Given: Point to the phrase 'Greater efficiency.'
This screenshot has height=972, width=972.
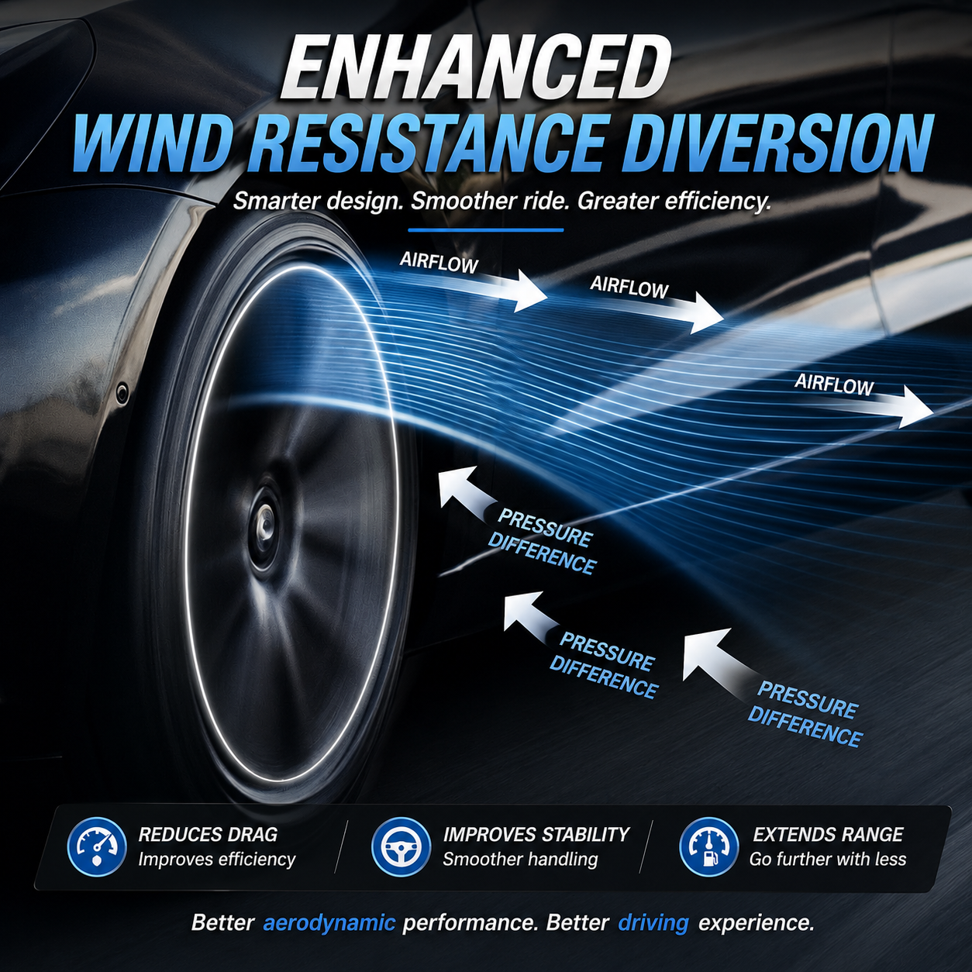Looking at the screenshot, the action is (674, 202).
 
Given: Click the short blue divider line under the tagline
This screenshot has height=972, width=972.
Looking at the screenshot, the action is (485, 230).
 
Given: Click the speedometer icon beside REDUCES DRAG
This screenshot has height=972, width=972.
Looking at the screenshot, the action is (97, 846).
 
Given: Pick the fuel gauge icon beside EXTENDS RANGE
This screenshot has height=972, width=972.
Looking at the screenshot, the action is (708, 846).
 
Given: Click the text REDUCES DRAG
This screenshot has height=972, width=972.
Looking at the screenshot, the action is (208, 834).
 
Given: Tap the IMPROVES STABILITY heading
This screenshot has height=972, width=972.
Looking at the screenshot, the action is (536, 834).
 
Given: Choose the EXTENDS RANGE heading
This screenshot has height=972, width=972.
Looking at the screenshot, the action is (828, 834).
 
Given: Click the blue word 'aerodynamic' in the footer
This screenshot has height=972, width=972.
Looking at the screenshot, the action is (329, 922).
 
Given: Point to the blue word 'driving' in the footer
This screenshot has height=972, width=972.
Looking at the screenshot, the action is (653, 922).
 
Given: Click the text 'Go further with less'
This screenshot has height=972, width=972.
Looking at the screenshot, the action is (828, 859).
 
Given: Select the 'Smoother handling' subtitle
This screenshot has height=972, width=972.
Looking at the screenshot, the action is (520, 859).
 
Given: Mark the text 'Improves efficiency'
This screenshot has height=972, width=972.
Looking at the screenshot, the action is (217, 859).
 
